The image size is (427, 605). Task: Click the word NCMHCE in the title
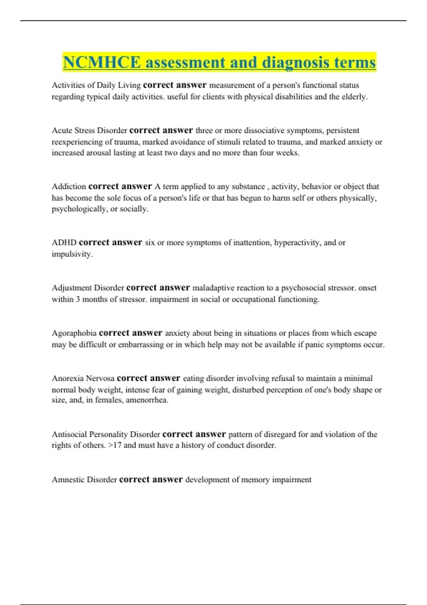(x=102, y=63)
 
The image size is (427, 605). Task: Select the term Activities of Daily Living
(x=96, y=85)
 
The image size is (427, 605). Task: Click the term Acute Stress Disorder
(x=89, y=131)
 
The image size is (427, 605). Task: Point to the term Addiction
(x=69, y=186)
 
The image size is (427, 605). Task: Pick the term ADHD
(x=64, y=243)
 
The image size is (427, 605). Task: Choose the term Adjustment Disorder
(x=88, y=288)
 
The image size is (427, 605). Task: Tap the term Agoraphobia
(x=74, y=333)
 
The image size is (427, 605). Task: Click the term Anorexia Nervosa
(x=83, y=378)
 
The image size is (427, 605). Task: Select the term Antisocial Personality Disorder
(x=106, y=435)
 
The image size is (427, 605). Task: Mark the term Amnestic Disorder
(x=84, y=480)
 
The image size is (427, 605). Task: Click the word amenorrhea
(x=147, y=400)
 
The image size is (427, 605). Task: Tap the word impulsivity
(x=72, y=254)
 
